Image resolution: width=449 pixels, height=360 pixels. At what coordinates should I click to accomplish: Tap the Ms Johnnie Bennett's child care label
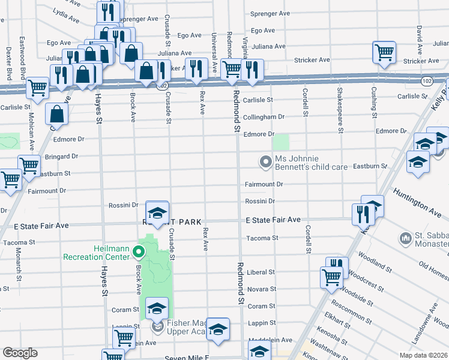coord(311,162)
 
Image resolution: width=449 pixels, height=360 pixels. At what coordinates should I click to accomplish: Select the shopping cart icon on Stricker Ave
coord(384,52)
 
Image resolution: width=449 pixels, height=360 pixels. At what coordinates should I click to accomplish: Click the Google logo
coord(20,353)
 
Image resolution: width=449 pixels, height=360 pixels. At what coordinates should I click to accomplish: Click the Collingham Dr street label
coord(264,117)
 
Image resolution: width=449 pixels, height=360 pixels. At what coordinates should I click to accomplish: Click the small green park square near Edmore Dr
coord(281,143)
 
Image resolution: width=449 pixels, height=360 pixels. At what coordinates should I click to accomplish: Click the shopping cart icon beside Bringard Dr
coord(28,164)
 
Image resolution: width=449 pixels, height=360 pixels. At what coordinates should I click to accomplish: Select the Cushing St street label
coord(373,102)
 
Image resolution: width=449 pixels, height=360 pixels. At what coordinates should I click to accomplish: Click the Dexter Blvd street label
coord(8,63)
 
